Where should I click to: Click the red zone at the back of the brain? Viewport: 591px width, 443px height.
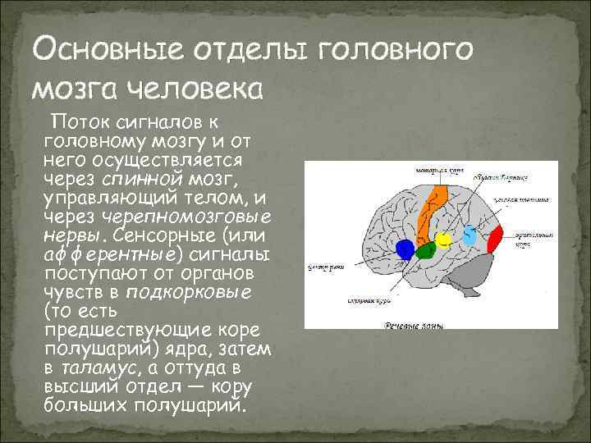(x=495, y=240)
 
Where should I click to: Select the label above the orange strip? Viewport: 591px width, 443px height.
(x=436, y=172)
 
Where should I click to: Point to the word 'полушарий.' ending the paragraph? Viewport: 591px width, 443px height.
(x=199, y=405)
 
